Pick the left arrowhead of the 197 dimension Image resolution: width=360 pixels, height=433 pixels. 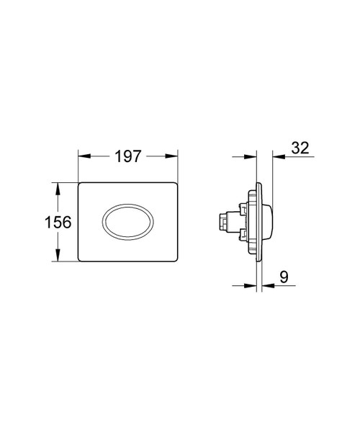coord(81,156)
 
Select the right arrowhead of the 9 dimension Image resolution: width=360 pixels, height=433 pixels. coord(266,285)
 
